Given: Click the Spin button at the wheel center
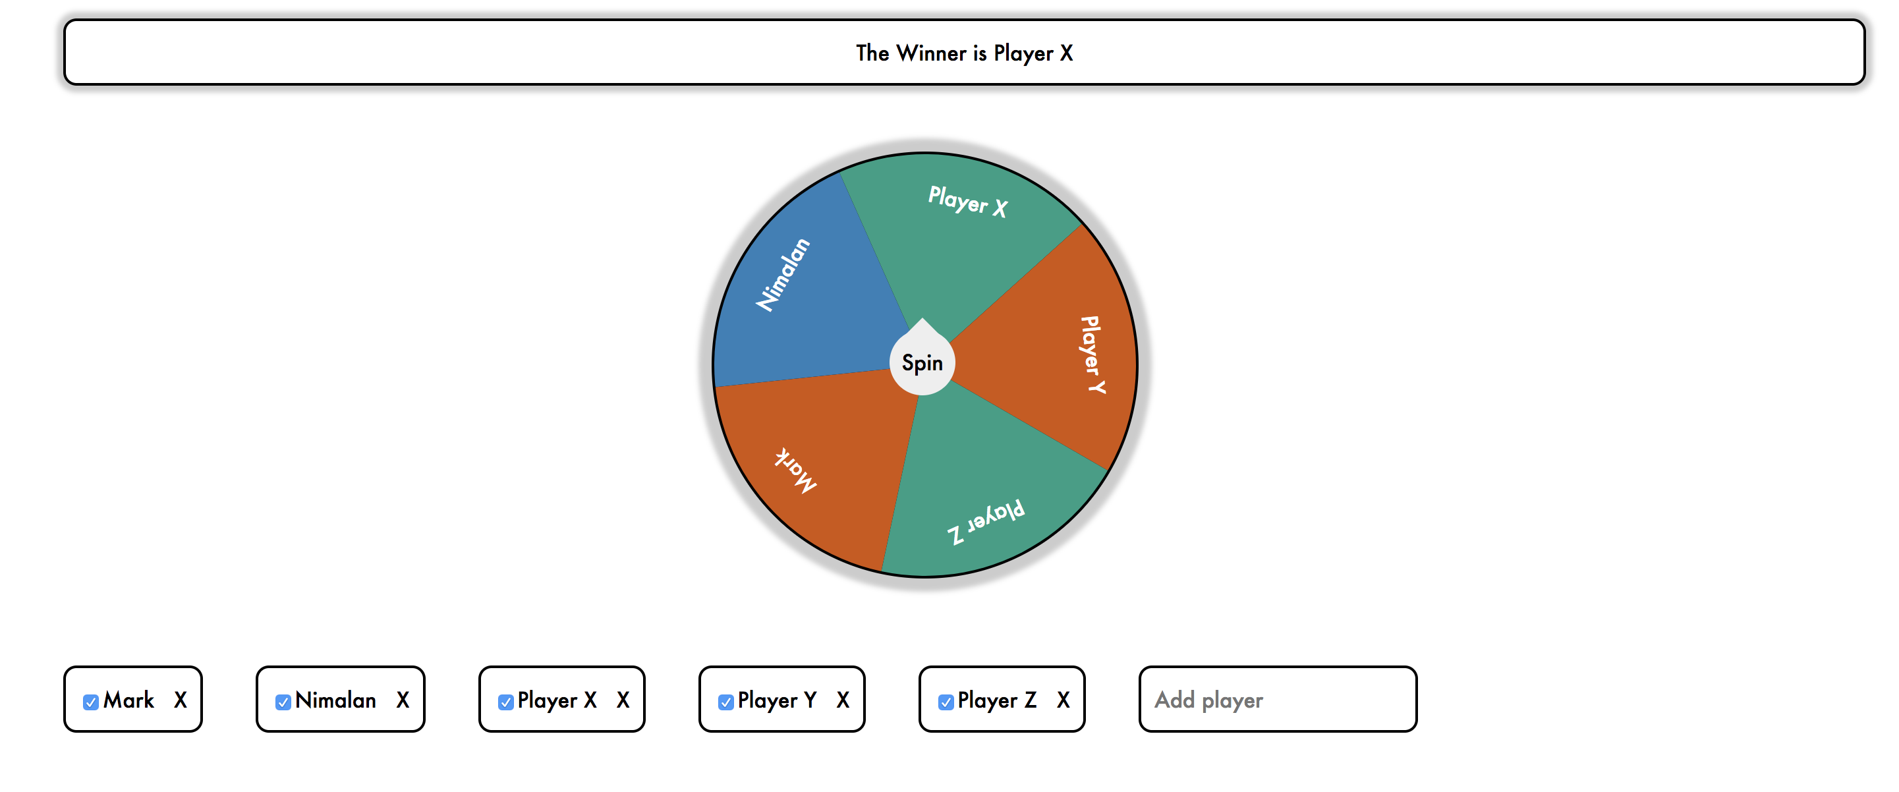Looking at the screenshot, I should pyautogui.click(x=921, y=363).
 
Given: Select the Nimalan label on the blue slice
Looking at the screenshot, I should pyautogui.click(x=783, y=274).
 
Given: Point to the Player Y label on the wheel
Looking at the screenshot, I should pyautogui.click(x=1092, y=354).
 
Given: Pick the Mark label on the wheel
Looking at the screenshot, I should pyautogui.click(x=796, y=470).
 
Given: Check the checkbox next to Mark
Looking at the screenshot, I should pyautogui.click(x=91, y=701).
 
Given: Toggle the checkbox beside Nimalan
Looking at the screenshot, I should pyautogui.click(x=283, y=701).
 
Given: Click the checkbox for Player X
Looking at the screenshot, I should pyautogui.click(x=505, y=701).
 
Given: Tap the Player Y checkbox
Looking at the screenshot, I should pyautogui.click(x=725, y=701).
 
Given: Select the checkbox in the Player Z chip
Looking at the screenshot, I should pyautogui.click(x=946, y=701).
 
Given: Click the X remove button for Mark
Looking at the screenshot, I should pyautogui.click(x=181, y=700).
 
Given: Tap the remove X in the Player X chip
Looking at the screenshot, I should pyautogui.click(x=623, y=700).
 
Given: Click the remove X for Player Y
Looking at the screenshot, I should pyautogui.click(x=843, y=700).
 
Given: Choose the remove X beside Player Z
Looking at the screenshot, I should pyautogui.click(x=1062, y=700).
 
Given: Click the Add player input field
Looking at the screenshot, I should pyautogui.click(x=1277, y=699).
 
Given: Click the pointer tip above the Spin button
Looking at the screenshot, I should pyautogui.click(x=921, y=322).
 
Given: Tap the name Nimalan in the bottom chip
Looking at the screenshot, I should pyautogui.click(x=335, y=700).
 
